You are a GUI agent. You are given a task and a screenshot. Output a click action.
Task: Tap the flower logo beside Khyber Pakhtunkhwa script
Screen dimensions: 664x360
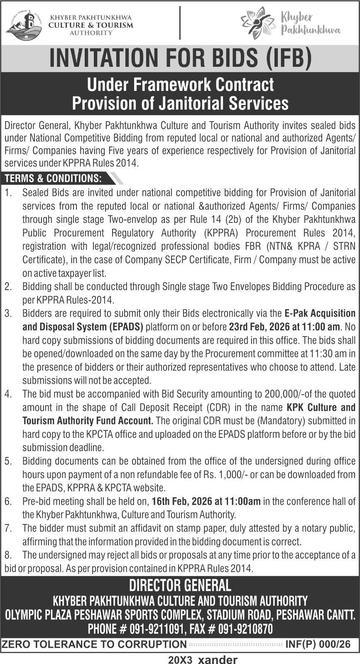pos(258,23)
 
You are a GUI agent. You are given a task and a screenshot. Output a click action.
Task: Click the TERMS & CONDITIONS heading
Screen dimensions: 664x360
pos(53,178)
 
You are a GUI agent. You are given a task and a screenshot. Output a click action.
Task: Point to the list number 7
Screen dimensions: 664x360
pos(8,528)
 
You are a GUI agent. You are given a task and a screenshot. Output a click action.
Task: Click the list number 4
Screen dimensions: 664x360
pos(8,394)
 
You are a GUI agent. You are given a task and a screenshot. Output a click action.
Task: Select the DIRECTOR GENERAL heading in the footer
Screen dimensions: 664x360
pos(180,586)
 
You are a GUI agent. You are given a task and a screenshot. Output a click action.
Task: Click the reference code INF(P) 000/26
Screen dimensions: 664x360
pos(318,644)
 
